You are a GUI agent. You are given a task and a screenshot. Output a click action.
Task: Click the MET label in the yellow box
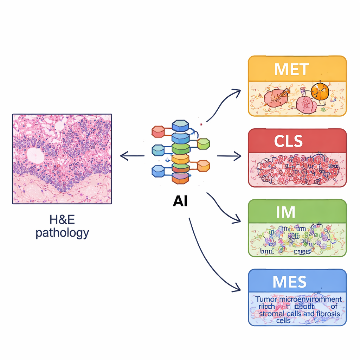point(291,69)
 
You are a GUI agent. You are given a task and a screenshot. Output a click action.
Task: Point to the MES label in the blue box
point(290,282)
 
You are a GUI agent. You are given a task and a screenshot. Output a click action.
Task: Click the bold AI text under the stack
point(180,201)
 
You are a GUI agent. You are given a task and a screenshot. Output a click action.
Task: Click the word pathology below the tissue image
point(62,233)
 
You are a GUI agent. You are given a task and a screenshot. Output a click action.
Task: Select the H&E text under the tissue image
point(62,221)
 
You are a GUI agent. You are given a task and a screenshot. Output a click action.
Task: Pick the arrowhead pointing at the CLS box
point(239,155)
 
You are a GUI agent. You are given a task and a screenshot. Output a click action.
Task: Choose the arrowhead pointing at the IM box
point(238,220)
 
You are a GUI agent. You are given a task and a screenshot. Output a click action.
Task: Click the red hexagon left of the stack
point(158,132)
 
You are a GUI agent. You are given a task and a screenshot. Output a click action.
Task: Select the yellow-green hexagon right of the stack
point(203,143)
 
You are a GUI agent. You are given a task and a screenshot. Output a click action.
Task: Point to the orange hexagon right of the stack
point(203,165)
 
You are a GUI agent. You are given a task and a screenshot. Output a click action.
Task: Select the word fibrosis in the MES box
point(328,313)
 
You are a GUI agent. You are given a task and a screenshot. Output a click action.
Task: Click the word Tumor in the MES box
point(266,299)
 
